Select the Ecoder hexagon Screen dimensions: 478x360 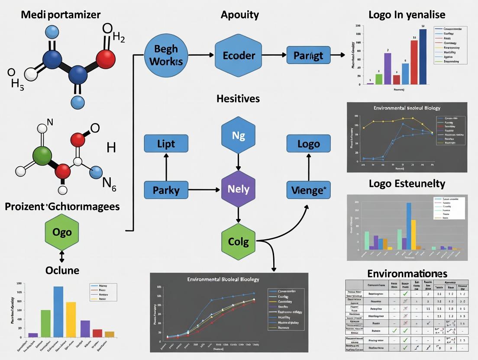click(239, 55)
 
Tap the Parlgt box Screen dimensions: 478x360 click(308, 55)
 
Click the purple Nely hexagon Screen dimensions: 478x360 click(238, 189)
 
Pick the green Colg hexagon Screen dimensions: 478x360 click(238, 241)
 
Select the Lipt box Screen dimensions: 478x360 click(166, 143)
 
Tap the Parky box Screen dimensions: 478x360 click(166, 189)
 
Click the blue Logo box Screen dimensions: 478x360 click(308, 143)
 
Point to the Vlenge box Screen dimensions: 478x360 click(308, 189)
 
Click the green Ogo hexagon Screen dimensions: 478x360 click(61, 232)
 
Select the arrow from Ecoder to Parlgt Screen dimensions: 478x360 click(275, 55)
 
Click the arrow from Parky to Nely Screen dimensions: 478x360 click(204, 189)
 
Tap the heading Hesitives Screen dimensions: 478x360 click(238, 99)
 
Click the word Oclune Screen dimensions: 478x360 click(62, 270)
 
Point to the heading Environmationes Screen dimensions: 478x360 click(407, 273)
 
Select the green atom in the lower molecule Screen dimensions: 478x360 click(42, 156)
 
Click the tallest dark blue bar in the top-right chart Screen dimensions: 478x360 click(423, 57)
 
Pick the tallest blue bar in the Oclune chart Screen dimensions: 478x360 click(58, 312)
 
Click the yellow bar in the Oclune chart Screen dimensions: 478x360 click(71, 319)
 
